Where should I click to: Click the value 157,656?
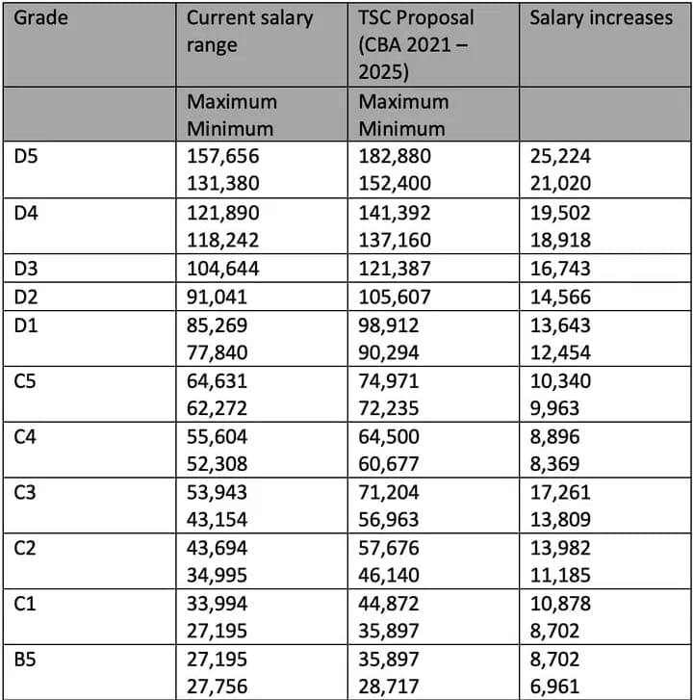pos(223,157)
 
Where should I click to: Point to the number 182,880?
pos(396,157)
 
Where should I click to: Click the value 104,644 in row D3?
pos(223,269)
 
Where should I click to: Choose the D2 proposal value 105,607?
pos(396,297)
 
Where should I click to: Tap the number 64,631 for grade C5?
pos(218,380)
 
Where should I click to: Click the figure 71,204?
pos(390,492)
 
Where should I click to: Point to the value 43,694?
pos(218,548)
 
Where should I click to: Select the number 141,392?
pos(396,213)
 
